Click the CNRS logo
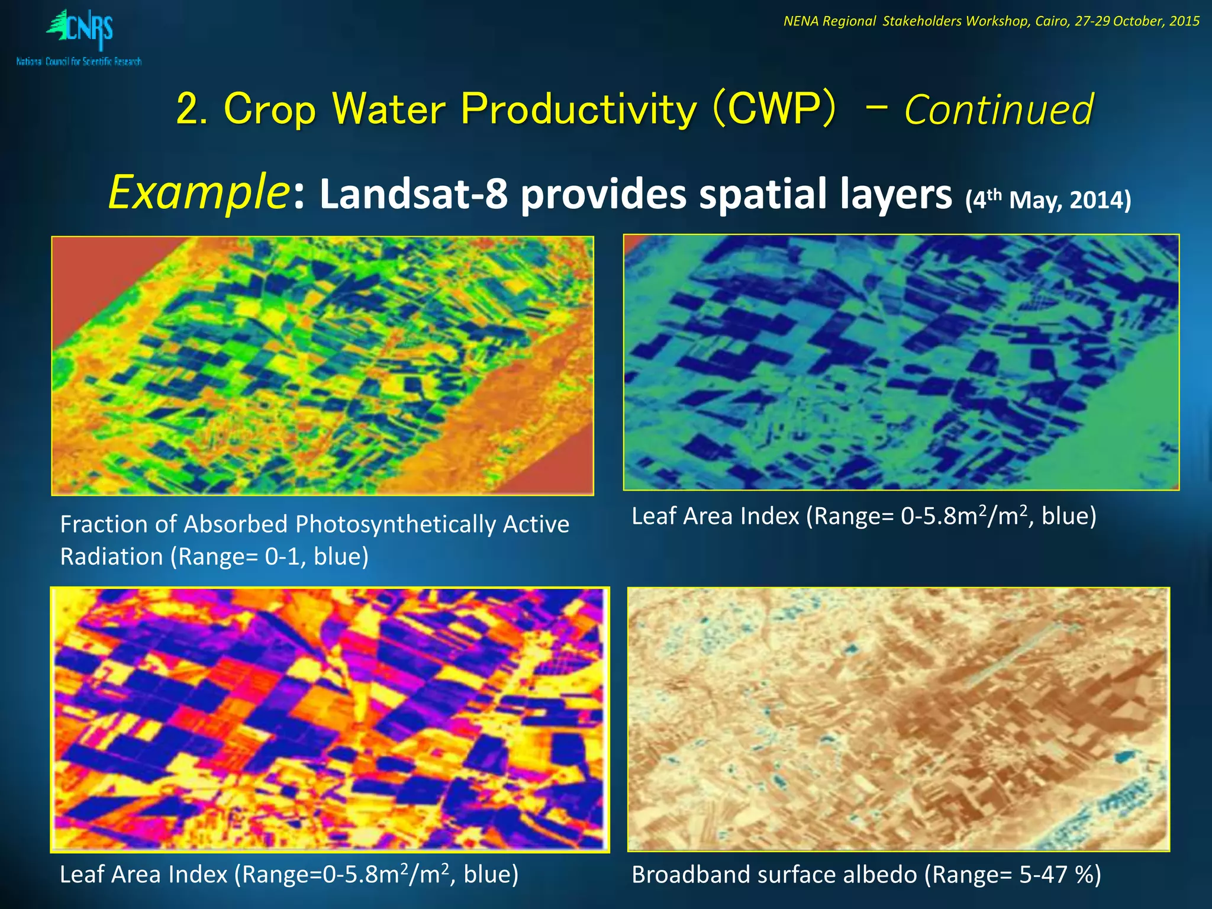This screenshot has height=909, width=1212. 80,36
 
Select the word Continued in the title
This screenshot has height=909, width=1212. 998,111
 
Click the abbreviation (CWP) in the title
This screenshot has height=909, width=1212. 774,109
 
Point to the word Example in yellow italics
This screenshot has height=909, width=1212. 198,192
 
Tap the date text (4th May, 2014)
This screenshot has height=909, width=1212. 1047,199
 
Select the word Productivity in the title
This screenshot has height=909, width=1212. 579,109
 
